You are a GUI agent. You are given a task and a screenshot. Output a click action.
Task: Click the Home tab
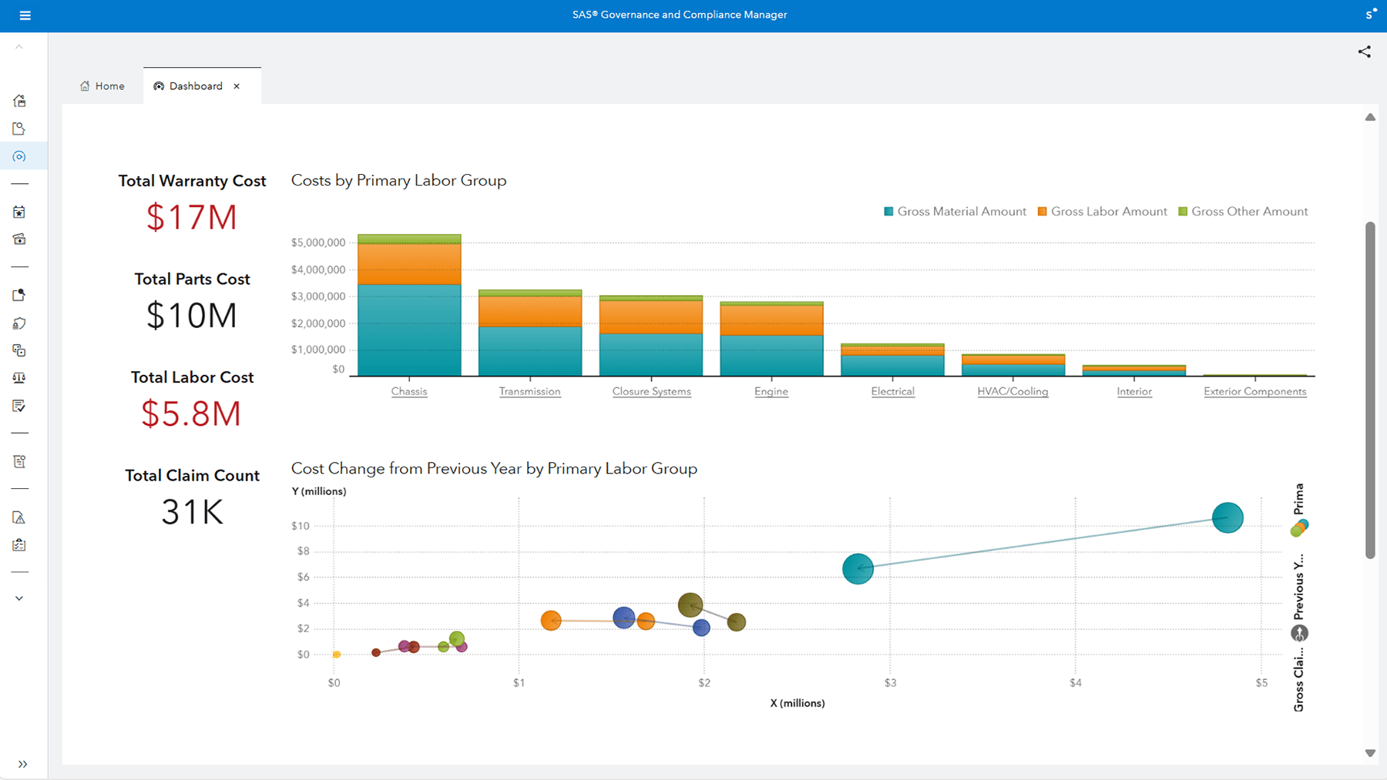[102, 86]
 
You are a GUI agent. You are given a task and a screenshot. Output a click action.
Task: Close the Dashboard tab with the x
[237, 86]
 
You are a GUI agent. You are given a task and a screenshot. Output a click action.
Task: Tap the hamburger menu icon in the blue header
[25, 15]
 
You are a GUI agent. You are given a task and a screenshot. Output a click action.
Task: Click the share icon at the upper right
[1364, 52]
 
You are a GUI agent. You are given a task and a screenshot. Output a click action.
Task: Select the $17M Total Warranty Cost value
[192, 217]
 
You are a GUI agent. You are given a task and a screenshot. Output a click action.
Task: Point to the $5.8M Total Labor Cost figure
[191, 414]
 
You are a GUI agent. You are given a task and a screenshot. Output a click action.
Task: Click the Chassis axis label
[408, 391]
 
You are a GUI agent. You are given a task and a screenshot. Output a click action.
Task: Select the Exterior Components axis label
[1254, 391]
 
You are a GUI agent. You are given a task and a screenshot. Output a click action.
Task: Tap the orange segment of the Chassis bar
[409, 264]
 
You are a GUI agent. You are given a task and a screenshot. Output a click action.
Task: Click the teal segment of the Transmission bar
[530, 351]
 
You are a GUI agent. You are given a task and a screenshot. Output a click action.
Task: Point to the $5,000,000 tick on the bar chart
[317, 243]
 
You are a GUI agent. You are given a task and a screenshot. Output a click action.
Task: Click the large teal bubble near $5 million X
[1227, 517]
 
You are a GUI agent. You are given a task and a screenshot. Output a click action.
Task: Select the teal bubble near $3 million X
[858, 569]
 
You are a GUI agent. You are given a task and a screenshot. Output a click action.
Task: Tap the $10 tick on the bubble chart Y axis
[300, 526]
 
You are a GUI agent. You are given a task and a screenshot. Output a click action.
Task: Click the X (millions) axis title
[797, 703]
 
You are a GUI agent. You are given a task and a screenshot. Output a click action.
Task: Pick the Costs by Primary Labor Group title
[398, 180]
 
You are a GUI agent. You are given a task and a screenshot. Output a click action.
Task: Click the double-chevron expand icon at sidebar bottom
[22, 764]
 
